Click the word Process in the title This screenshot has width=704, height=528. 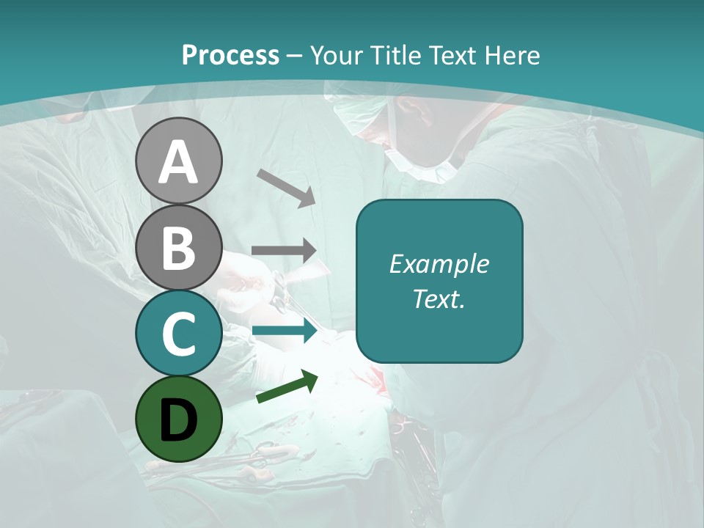coord(230,56)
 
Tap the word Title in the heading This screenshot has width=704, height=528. coord(395,56)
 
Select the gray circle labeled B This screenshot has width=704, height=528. coord(179,247)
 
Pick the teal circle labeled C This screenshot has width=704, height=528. coord(179,333)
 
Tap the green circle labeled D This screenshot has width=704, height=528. coord(179,419)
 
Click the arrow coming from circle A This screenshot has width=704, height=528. coord(286,188)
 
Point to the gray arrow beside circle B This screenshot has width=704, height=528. coord(284,251)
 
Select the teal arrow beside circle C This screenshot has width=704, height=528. coord(284,331)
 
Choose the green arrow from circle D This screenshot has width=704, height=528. coord(287,386)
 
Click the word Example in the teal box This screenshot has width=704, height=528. coord(439,264)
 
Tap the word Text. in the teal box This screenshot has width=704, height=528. coord(439,299)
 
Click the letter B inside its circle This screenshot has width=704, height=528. coord(179,247)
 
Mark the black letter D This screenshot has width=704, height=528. coord(179,420)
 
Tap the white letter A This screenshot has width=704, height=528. coord(179,162)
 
